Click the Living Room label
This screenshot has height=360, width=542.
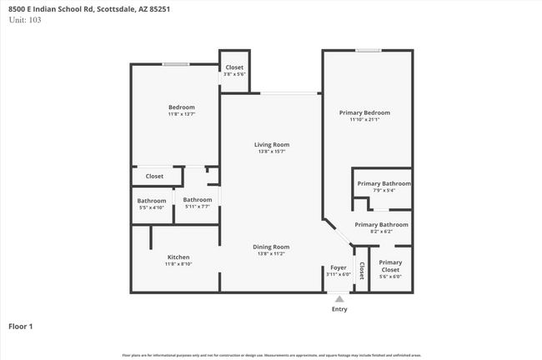272,145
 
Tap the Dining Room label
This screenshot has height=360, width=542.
272,247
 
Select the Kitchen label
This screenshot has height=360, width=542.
178,257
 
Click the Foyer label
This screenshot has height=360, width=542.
339,267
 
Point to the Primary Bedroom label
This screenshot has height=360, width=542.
364,112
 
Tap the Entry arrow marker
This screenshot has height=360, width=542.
339,297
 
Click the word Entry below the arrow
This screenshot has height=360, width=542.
339,309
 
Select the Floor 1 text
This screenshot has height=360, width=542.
20,327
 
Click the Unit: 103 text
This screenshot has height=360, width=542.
25,19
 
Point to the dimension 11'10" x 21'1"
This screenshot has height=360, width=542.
364,120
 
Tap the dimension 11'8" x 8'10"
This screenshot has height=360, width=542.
178,264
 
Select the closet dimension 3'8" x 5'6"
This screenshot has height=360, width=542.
234,74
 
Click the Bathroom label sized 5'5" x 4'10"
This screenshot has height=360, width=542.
152,200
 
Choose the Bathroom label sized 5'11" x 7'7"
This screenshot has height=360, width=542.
198,200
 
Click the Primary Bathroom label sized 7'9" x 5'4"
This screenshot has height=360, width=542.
384,183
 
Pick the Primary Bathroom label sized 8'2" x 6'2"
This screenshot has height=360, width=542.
381,224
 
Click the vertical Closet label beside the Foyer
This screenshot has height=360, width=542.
362,270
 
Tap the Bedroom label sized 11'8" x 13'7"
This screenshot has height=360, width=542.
182,107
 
